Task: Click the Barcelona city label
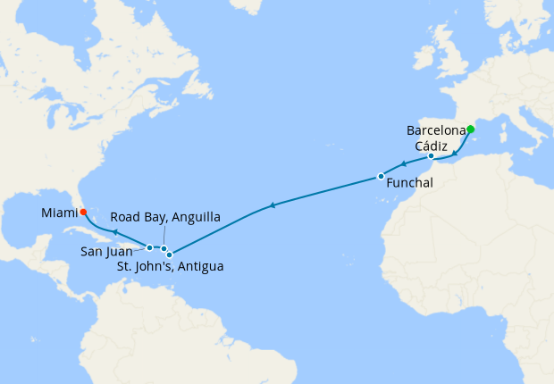click(434, 130)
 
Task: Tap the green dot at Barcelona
click(470, 129)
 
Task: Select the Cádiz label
click(431, 146)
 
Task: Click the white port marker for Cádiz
click(432, 156)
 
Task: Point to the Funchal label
click(410, 183)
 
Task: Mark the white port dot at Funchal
click(381, 176)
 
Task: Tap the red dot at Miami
click(82, 213)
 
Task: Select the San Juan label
click(107, 252)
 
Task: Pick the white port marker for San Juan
click(149, 247)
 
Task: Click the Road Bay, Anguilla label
click(165, 217)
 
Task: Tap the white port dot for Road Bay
click(164, 248)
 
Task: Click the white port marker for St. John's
click(170, 255)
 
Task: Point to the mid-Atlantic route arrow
click(272, 206)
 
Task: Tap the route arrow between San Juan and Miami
click(115, 231)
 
